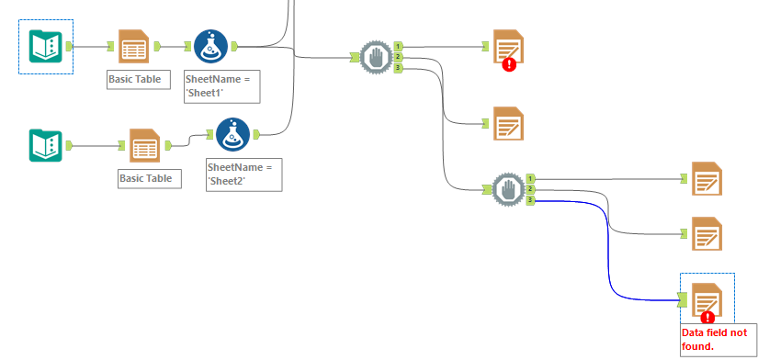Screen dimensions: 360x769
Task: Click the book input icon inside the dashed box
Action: coord(45,46)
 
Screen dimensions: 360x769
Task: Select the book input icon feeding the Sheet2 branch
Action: coord(45,145)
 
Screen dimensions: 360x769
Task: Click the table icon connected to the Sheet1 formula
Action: coord(133,46)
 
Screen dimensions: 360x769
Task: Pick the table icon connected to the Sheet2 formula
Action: coord(144,145)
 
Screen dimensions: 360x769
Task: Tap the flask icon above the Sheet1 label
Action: coord(209,46)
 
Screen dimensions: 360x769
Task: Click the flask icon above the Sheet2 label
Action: coord(232,135)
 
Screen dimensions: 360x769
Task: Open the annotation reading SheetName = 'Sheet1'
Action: coord(221,85)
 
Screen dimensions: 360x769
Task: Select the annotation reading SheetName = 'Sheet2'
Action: coord(243,174)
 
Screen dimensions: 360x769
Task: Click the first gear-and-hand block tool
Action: coord(376,57)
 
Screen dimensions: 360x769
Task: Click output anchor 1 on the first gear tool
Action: coord(398,46)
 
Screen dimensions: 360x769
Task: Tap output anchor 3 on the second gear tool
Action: coord(531,199)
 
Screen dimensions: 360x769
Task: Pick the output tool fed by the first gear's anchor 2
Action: coord(508,123)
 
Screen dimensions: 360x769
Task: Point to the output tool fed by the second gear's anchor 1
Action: coord(707,178)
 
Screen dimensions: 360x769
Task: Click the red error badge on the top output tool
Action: coord(510,64)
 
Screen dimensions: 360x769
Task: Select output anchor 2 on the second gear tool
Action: coord(531,189)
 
